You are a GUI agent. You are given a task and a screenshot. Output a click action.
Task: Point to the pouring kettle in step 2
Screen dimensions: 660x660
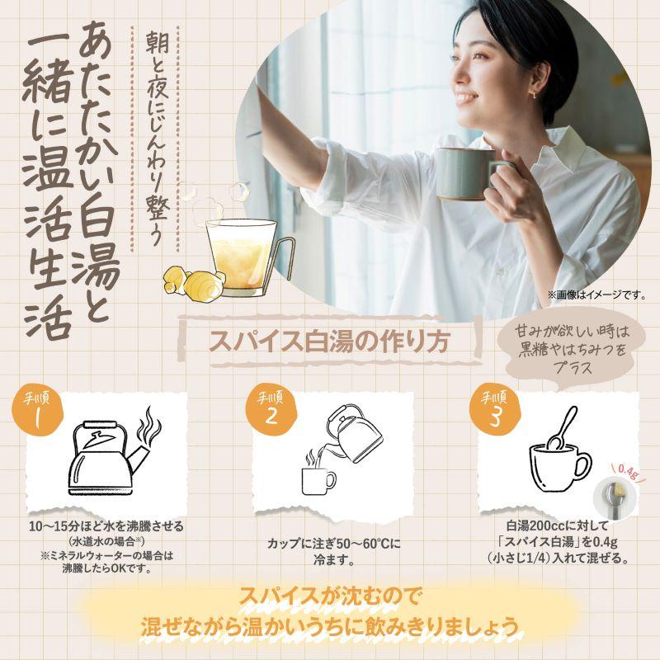[353, 434]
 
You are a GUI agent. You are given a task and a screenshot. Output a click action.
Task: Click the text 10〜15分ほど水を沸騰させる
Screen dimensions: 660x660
[106, 526]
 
